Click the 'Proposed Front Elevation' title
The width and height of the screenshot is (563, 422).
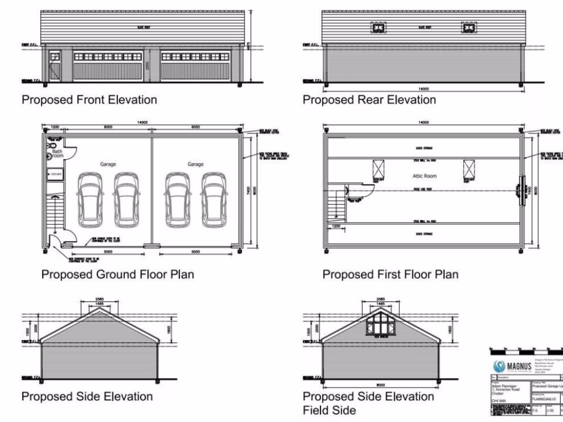tap(89, 99)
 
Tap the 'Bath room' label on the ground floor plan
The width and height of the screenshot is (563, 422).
tap(58, 153)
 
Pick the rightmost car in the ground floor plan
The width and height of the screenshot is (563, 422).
tap(213, 199)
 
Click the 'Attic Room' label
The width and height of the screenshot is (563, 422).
tap(424, 176)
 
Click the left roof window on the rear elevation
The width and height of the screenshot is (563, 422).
tap(378, 29)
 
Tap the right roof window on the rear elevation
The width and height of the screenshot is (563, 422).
tap(468, 29)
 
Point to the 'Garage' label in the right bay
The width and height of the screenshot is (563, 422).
tap(195, 164)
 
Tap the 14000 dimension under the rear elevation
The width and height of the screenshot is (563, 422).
tap(423, 88)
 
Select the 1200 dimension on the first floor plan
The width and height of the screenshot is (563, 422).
tap(336, 226)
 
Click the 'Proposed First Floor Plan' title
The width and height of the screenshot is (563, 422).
tap(390, 274)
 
